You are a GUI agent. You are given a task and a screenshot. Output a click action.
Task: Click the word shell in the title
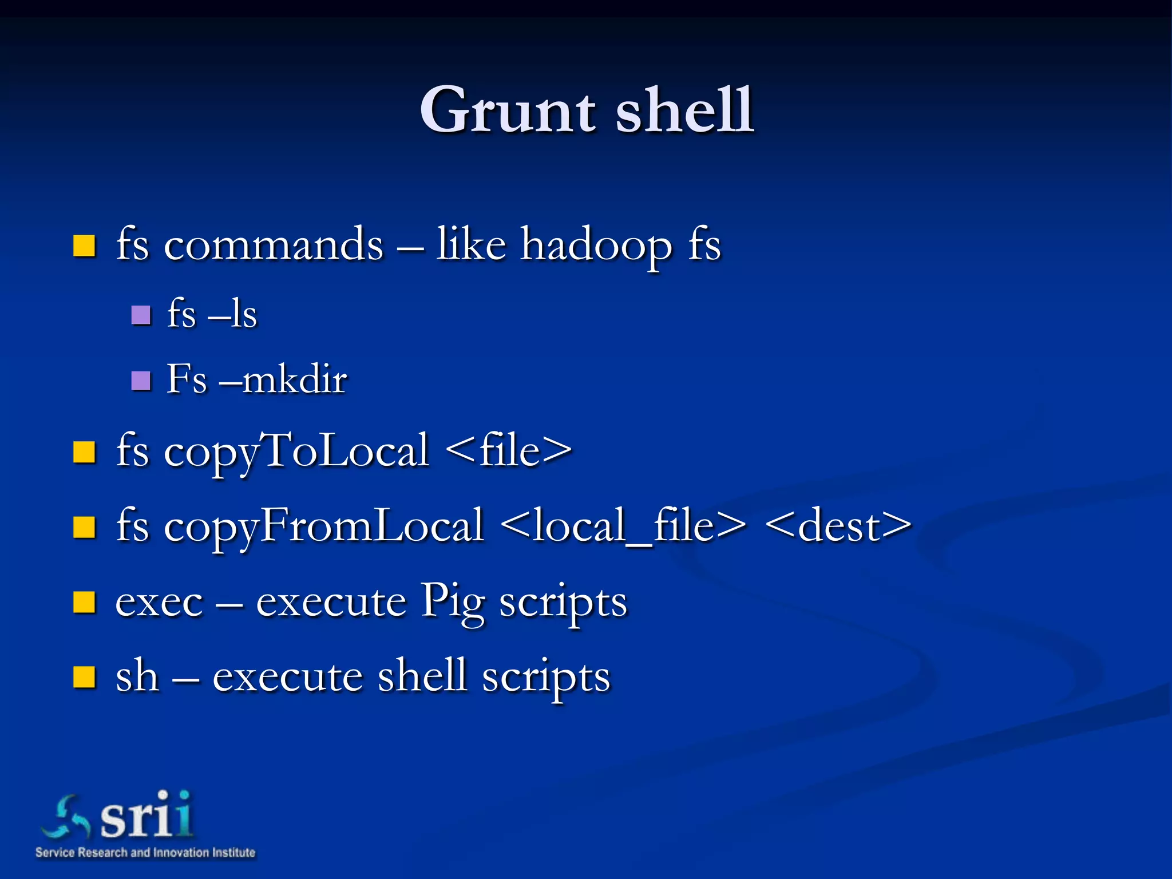tap(685, 110)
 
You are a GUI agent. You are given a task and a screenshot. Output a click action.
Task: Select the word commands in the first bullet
tap(274, 245)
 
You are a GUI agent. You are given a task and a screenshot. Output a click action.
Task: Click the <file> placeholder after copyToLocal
tap(508, 451)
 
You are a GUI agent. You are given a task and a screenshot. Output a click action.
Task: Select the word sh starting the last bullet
tap(137, 676)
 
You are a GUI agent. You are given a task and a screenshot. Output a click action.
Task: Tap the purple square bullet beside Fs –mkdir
tap(141, 381)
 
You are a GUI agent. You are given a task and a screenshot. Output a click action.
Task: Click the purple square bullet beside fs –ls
tap(141, 315)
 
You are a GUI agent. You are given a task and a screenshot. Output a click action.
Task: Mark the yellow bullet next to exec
tap(84, 603)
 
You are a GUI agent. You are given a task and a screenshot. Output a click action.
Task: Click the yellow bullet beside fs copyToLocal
tap(84, 452)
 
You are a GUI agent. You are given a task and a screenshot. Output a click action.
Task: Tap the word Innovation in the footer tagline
tap(180, 853)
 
